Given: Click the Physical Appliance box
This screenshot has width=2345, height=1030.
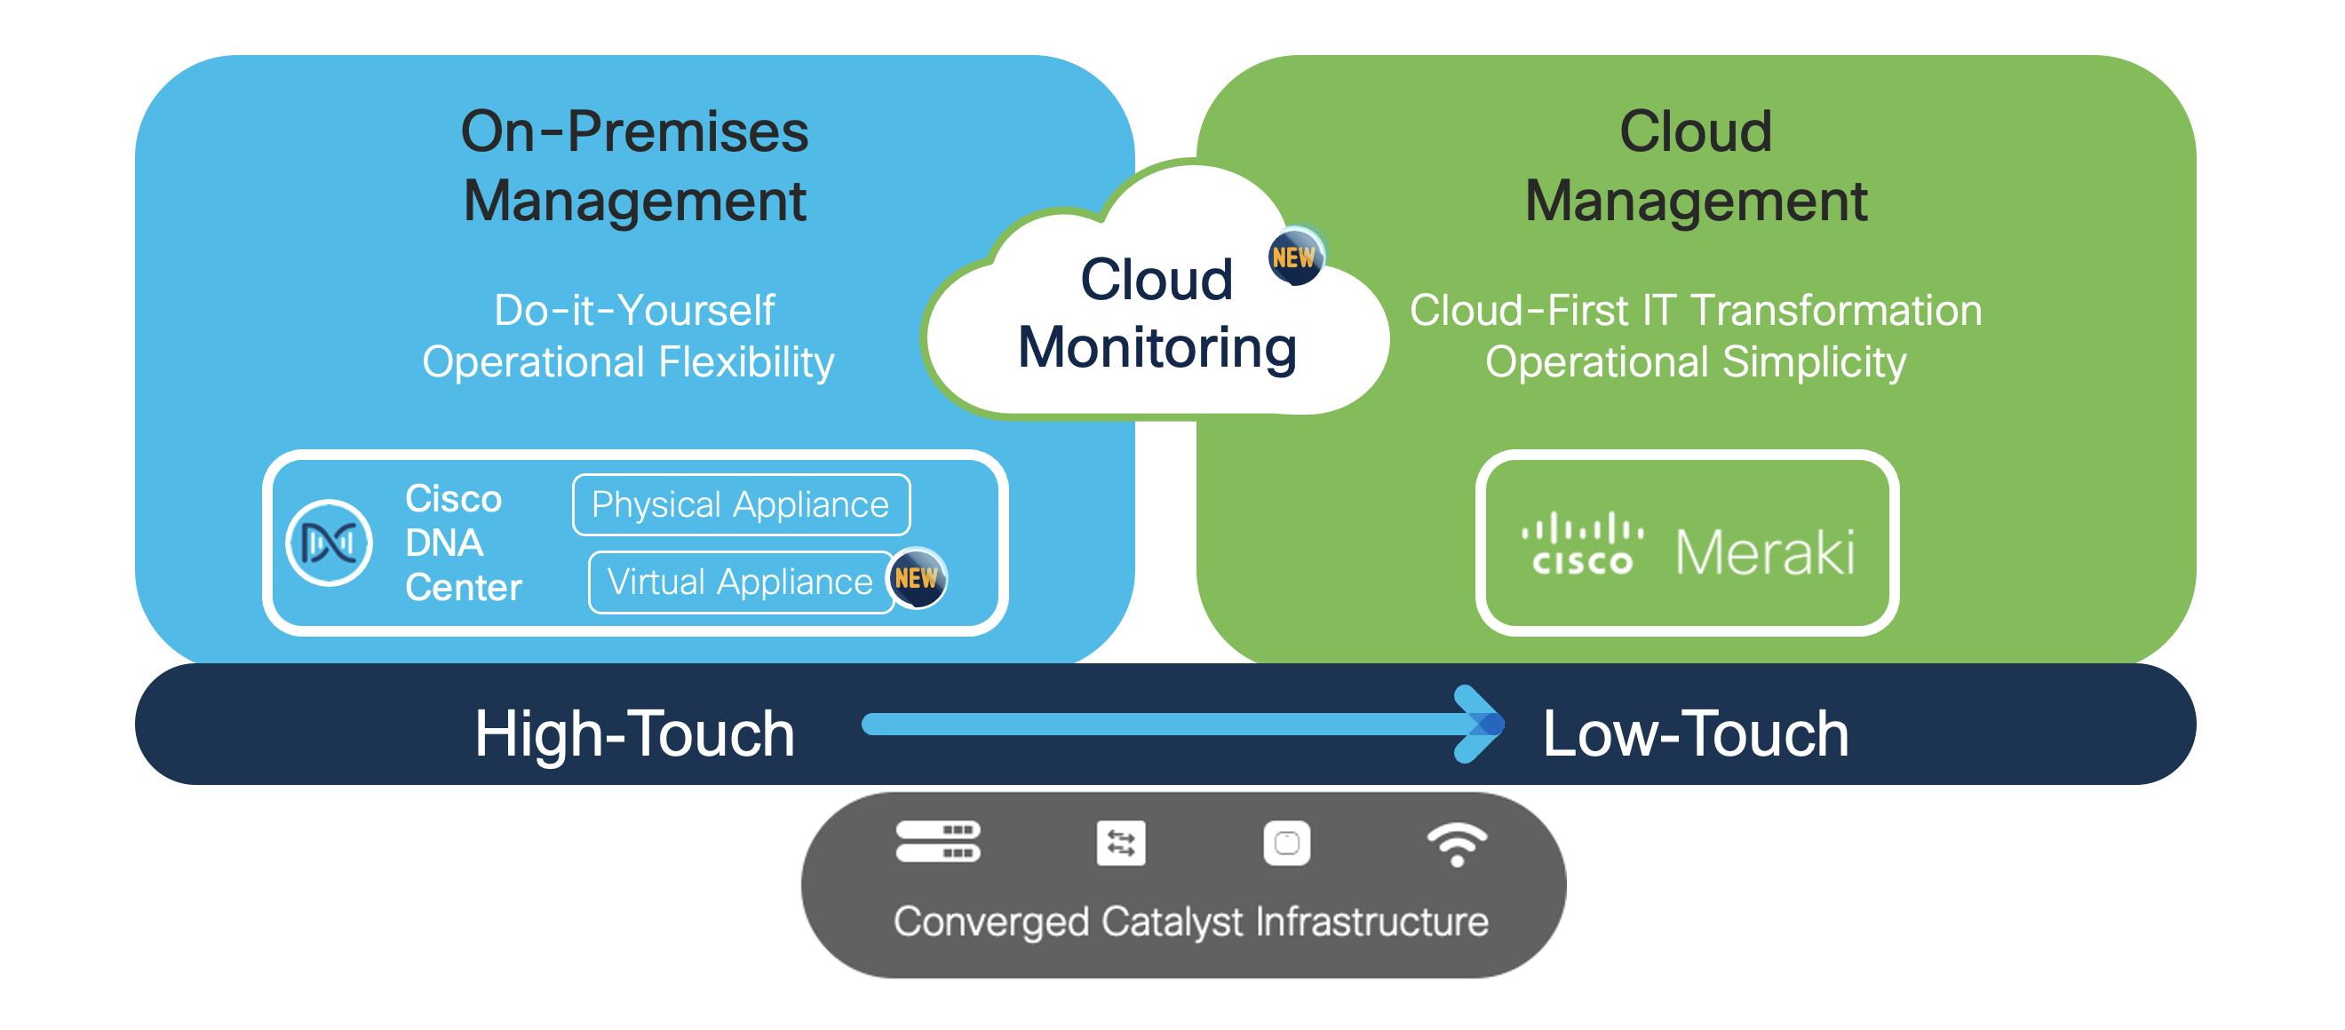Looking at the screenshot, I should pos(740,505).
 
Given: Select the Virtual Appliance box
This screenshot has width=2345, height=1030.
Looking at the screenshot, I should pos(740,582).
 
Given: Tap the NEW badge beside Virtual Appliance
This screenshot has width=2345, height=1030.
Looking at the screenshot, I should pos(917,578).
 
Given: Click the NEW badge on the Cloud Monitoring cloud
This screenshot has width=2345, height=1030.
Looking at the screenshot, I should pos(1294,257).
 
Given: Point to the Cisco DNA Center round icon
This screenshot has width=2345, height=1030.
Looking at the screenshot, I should pos(329,543).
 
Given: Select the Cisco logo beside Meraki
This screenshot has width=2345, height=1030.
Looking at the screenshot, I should pos(1582,544).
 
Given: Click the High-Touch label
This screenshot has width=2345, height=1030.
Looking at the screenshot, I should pos(634,733).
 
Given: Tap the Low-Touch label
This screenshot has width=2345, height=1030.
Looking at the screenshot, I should pos(1695,733).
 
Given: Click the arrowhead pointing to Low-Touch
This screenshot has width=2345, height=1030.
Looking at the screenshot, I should pos(1479,725).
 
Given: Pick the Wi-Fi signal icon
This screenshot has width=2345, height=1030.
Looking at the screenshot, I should pos(1457,844).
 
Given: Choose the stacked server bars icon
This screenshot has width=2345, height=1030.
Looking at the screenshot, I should pos(938,842).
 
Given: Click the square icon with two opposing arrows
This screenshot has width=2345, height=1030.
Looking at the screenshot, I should pos(1121,844).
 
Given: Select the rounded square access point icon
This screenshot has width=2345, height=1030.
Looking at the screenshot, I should pos(1286,844).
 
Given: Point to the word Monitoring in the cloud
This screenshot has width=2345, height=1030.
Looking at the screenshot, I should pos(1157,348).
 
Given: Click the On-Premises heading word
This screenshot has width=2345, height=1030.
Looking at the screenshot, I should pos(634,132).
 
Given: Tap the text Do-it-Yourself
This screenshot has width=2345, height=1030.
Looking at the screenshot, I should pos(634,310).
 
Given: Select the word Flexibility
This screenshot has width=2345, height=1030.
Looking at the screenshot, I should pos(745,362).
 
